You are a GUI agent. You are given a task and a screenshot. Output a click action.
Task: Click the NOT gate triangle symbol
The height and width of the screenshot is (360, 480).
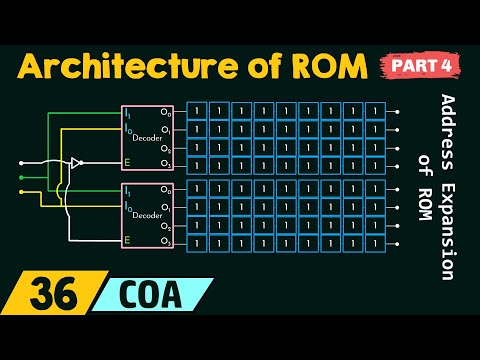click(76, 162)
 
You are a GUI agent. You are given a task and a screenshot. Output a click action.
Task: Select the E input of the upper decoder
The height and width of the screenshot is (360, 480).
click(127, 162)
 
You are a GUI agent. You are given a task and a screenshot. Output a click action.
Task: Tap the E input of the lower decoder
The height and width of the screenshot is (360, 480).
click(127, 240)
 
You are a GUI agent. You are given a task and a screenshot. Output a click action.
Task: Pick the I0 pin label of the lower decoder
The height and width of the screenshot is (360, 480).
click(127, 207)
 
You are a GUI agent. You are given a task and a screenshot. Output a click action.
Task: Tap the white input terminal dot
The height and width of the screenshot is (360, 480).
click(22, 162)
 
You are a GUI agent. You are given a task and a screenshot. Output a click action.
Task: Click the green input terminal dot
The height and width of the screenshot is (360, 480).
click(22, 178)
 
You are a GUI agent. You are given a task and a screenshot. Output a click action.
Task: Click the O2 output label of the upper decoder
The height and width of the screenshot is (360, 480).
click(166, 146)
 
